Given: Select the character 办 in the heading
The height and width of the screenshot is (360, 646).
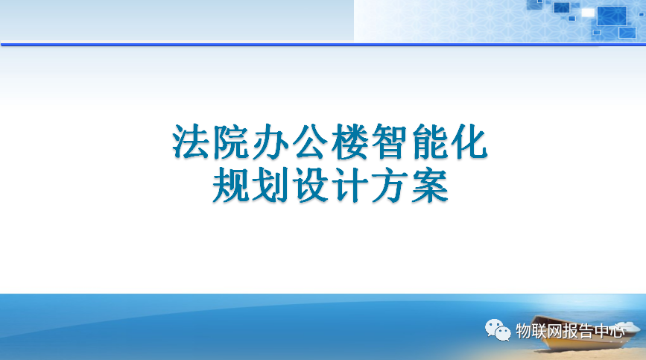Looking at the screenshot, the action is coord(270,142).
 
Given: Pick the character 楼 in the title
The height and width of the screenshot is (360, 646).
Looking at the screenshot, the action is coord(349,142).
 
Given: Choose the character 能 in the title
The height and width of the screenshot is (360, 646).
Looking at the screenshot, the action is coord(429,142).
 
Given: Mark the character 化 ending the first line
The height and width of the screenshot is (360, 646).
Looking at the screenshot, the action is coord(469,142).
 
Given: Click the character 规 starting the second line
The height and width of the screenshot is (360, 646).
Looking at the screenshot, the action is coord(230,186).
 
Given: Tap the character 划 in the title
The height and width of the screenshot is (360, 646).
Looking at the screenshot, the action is coord(270,186).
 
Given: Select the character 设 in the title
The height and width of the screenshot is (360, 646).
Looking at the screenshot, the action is coord(310,186).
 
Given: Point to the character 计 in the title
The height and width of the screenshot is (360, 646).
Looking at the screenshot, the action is coord(349,186).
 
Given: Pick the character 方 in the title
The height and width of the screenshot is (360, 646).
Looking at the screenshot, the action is coord(390,186).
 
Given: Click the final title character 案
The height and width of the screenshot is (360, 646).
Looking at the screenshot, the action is coord(429,186).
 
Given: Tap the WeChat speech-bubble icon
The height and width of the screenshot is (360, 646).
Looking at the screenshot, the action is coord(498,330).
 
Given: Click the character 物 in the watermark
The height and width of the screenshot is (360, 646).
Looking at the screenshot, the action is coord(523,331).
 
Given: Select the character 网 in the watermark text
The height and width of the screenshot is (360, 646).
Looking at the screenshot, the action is coord(554,331).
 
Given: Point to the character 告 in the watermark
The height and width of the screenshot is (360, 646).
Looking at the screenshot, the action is coord(585,331).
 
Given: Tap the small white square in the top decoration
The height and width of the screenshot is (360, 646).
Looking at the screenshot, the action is coord(588,13).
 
